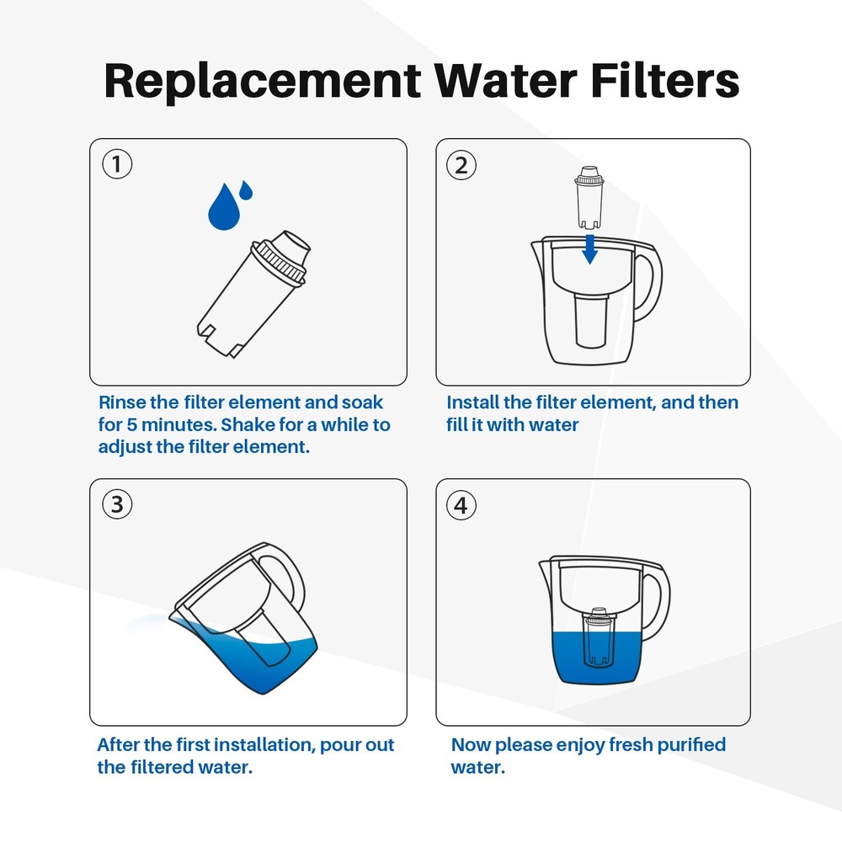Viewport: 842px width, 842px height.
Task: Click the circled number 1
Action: point(117,163)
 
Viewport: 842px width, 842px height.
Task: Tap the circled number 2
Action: point(461,165)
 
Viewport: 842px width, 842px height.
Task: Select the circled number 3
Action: point(117,504)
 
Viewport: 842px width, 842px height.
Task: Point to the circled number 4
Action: point(461,505)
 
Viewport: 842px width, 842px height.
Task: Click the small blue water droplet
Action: point(245,190)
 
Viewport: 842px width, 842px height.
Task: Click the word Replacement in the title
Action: point(261,81)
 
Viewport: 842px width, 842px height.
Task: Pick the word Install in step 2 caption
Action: point(472,402)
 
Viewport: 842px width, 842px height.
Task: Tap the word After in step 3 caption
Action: point(119,745)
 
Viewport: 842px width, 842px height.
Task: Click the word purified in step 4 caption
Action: point(687,745)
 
